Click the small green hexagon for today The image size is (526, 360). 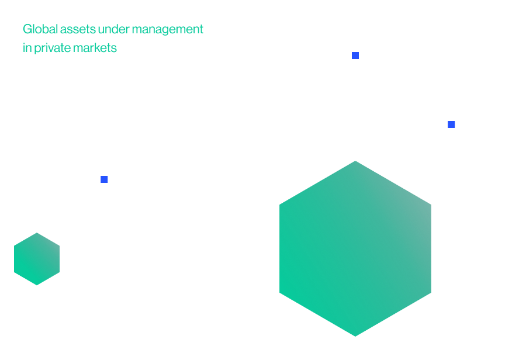(37, 259)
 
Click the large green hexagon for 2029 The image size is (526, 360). (355, 248)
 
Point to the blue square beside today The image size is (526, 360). (105, 179)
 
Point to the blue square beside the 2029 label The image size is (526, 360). (451, 124)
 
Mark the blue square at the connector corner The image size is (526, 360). (355, 56)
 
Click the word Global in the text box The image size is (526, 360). (37, 29)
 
